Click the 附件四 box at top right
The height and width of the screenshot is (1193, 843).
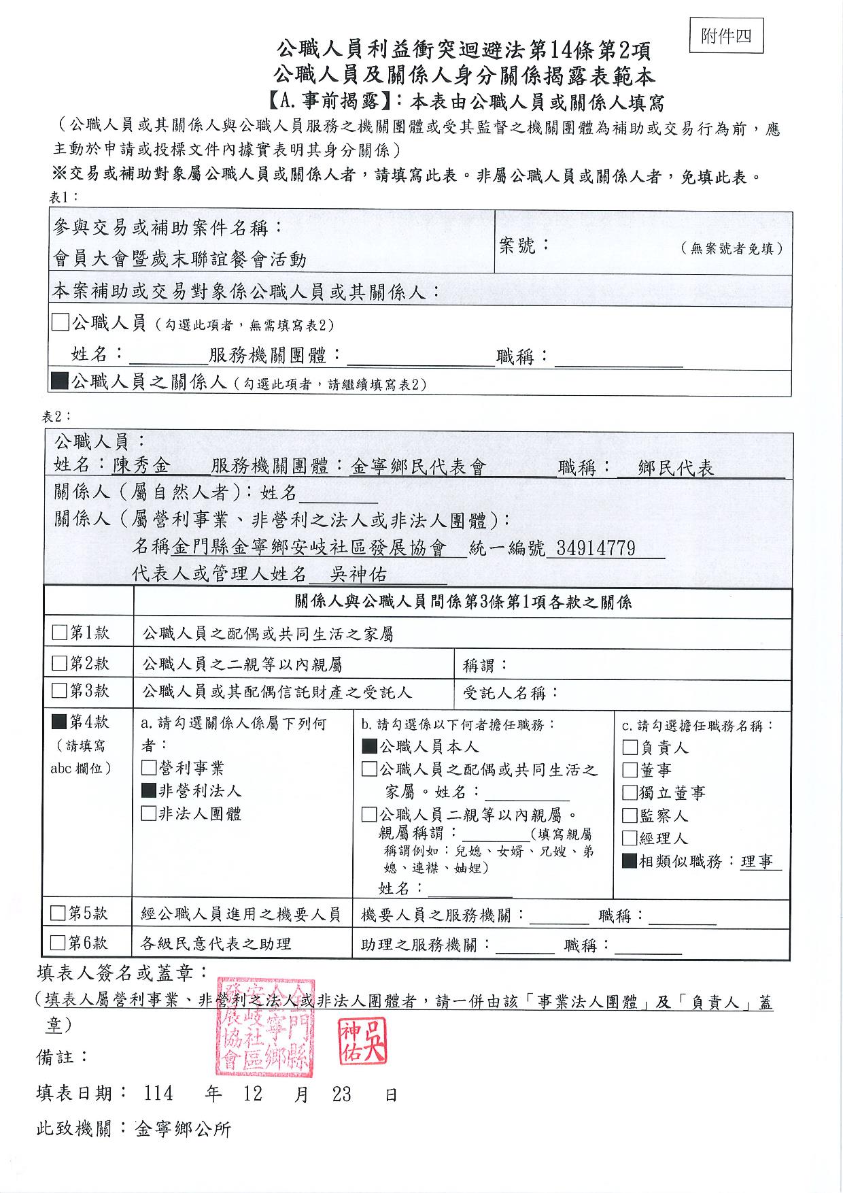(x=726, y=36)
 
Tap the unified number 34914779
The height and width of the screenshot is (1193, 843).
(x=596, y=548)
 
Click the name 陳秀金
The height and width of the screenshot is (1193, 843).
(x=141, y=466)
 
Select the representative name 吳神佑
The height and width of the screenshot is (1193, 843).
(x=358, y=575)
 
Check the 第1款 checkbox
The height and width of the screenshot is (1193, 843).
(x=60, y=633)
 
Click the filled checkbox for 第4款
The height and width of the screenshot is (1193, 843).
(x=60, y=721)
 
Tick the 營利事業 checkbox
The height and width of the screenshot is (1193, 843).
(x=148, y=769)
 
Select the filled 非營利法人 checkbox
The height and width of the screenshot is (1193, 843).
(x=148, y=791)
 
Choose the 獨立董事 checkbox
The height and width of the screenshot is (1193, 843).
(x=630, y=793)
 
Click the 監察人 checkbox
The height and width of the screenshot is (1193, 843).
(x=630, y=816)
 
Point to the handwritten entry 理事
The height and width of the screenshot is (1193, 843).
(x=757, y=862)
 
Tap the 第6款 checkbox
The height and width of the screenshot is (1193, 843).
(x=59, y=943)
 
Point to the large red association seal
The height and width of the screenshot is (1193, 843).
(x=264, y=1028)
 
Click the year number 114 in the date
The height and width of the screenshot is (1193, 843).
(x=158, y=1094)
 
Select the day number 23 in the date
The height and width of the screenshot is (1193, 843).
(x=341, y=1094)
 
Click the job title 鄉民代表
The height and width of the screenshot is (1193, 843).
(x=676, y=468)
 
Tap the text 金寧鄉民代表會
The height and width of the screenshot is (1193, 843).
(x=418, y=467)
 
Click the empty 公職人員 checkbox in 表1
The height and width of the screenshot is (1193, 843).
(x=61, y=322)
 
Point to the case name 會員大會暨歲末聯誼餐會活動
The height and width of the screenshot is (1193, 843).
(x=180, y=259)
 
